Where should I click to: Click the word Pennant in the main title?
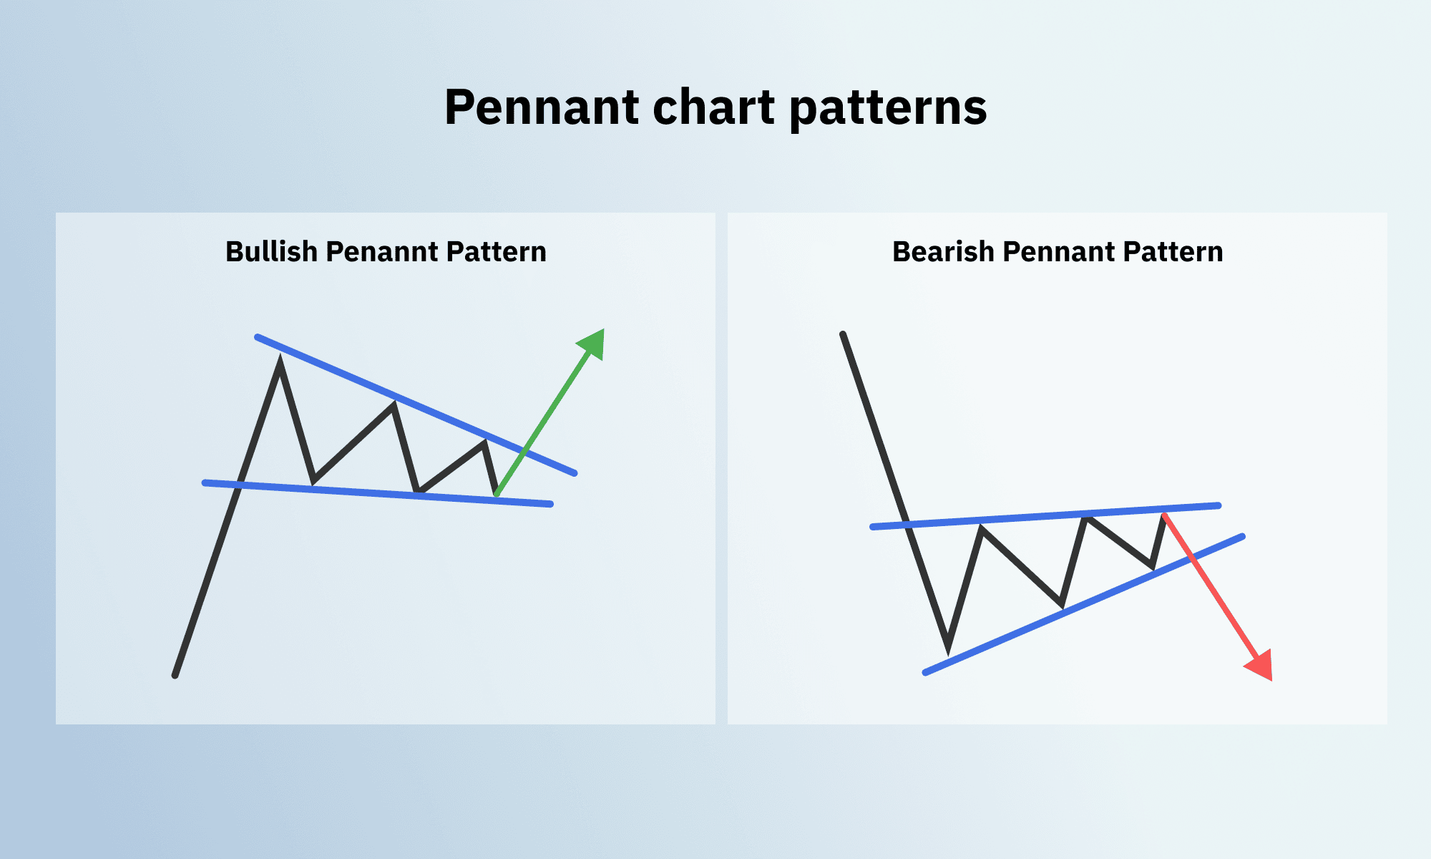(541, 107)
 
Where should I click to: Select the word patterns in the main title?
(888, 109)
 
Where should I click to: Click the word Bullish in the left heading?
(271, 252)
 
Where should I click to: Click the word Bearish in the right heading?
(943, 252)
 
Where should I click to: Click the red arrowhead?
(1261, 666)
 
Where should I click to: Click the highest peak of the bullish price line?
(280, 362)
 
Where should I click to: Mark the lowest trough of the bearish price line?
(948, 648)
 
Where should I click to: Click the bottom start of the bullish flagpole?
(175, 674)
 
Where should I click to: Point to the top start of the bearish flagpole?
(844, 335)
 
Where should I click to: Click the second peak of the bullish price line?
(394, 405)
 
